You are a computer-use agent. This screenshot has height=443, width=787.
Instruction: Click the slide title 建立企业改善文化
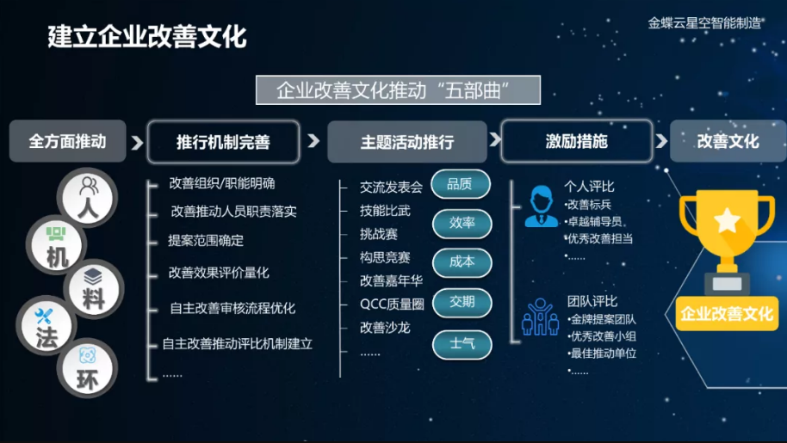(147, 37)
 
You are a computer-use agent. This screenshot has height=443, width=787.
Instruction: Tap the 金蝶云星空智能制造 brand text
(704, 23)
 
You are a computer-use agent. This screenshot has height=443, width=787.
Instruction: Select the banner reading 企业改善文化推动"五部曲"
(398, 90)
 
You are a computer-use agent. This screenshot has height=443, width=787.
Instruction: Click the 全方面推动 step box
(67, 141)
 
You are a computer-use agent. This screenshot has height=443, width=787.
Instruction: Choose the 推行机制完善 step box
(223, 142)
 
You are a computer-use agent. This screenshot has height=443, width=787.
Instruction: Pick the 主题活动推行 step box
(407, 142)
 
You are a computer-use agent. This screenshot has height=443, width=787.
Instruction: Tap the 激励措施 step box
(577, 141)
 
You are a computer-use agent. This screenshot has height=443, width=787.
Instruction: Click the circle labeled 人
(88, 197)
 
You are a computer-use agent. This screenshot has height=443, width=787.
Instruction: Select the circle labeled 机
(56, 245)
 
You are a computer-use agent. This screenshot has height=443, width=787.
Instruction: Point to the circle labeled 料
(93, 289)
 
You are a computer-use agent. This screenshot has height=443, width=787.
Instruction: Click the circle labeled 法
(46, 326)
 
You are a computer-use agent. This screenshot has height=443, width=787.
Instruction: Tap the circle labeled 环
(87, 369)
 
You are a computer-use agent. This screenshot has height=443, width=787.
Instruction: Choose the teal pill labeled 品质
(461, 184)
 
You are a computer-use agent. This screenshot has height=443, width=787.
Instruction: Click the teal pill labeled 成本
(462, 262)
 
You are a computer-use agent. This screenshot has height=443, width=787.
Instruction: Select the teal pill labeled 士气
(462, 344)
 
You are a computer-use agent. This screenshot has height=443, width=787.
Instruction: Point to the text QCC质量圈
(392, 304)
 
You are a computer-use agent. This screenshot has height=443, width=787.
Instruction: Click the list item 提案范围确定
(206, 241)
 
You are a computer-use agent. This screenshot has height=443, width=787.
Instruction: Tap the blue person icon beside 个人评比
(541, 206)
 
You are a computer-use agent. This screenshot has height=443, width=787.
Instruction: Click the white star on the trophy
(728, 220)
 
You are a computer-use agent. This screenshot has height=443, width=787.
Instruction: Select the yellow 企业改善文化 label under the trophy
(726, 314)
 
